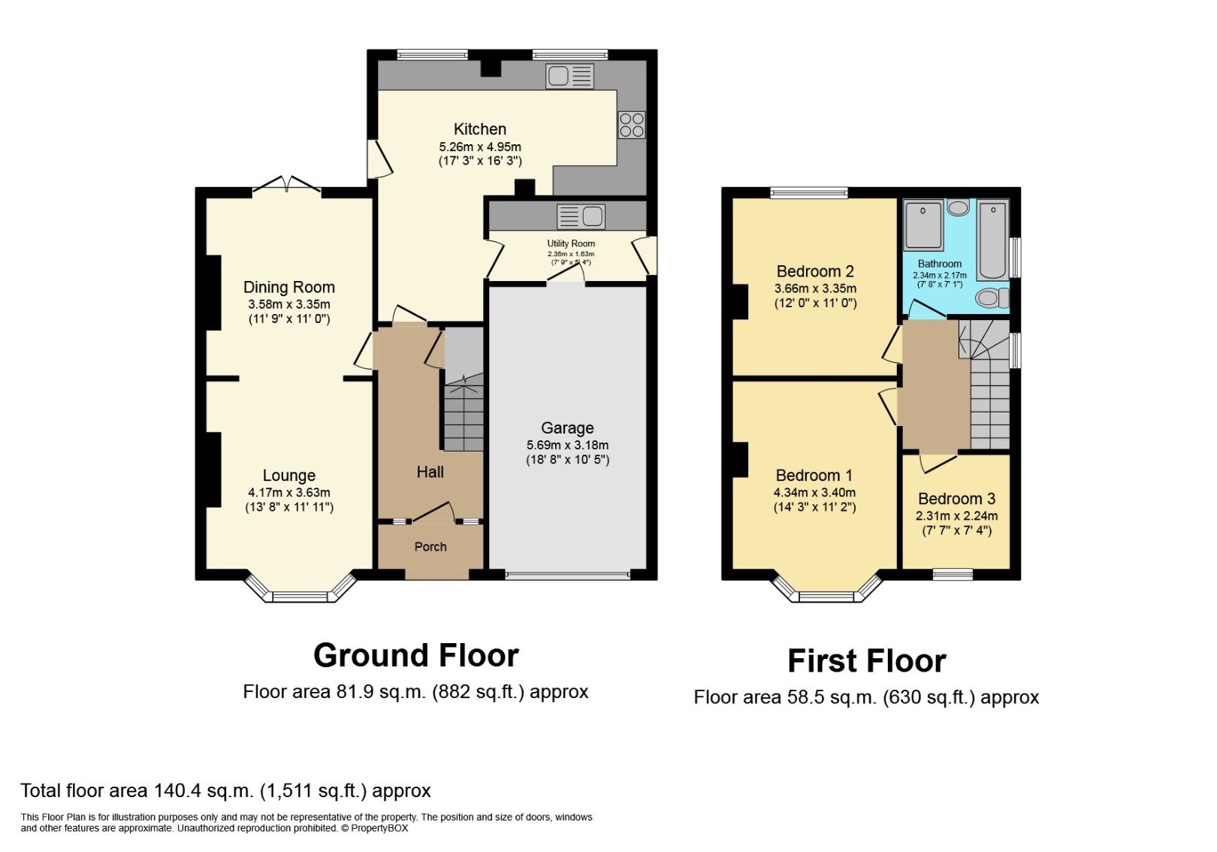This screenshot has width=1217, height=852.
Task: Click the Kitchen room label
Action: click(479, 128)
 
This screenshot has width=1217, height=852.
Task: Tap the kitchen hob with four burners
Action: click(631, 125)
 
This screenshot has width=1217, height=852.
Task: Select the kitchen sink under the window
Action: click(570, 76)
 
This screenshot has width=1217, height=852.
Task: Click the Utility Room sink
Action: click(581, 216)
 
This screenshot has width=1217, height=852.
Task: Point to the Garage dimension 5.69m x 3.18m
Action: click(567, 445)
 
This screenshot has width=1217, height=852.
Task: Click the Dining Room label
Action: click(288, 287)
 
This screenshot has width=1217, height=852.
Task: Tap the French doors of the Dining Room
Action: click(286, 185)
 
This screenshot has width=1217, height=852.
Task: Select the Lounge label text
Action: click(288, 476)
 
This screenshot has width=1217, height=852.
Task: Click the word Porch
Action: click(430, 547)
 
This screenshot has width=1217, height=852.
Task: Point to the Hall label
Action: click(430, 472)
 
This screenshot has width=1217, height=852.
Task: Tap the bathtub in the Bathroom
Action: click(992, 240)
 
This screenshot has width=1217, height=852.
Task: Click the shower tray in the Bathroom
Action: click(923, 224)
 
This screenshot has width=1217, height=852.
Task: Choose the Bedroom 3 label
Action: click(956, 499)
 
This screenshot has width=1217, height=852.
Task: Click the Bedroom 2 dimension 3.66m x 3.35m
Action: click(815, 289)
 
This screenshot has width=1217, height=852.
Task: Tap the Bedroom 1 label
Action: click(814, 476)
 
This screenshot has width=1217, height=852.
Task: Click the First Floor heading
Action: click(866, 661)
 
